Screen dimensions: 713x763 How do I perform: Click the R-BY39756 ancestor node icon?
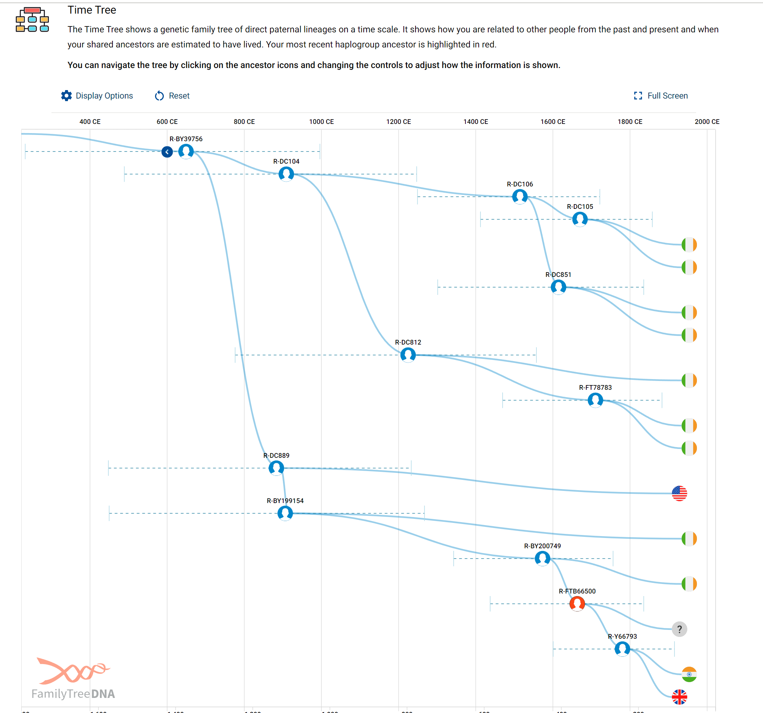coord(186,151)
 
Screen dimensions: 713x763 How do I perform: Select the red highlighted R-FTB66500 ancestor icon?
coord(577,603)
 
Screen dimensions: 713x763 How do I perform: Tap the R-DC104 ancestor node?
coord(286,174)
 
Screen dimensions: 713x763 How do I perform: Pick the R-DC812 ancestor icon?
coord(408,354)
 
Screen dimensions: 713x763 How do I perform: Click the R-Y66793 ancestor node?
coord(622,649)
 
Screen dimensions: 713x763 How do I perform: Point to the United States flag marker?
coord(679,493)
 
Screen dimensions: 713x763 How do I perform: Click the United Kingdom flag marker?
coord(679,697)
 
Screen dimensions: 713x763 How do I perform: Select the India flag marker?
coord(689,674)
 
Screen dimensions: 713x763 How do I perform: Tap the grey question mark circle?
coord(679,629)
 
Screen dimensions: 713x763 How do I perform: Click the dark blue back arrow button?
coord(167,152)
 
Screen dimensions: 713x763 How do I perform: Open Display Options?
coord(97,96)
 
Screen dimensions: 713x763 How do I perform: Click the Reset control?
coord(172,96)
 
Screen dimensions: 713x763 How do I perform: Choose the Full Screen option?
coord(661,96)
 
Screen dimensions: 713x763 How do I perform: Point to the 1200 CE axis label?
coord(398,122)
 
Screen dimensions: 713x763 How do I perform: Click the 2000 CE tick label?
coord(706,122)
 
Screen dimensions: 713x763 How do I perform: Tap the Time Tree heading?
coord(92,10)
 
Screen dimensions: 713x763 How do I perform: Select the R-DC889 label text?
coord(276,456)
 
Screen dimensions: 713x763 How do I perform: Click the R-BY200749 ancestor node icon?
coord(542,558)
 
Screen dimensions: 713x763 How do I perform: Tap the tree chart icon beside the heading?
coord(32,19)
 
